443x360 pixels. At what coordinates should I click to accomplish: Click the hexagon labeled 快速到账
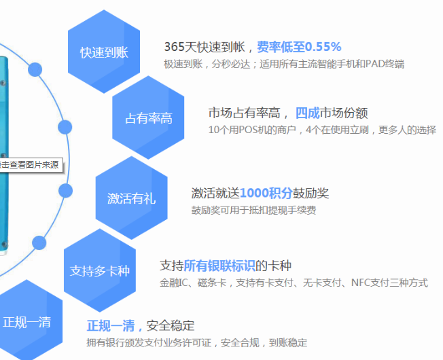pos(103,52)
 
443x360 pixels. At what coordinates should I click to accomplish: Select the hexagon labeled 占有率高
pos(148,118)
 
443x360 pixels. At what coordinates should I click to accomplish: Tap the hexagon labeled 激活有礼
pos(131,198)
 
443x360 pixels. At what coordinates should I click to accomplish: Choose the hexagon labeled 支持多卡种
pos(99,270)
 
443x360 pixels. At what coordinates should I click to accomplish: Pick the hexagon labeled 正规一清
pos(27,321)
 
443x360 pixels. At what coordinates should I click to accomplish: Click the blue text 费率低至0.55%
pos(298,47)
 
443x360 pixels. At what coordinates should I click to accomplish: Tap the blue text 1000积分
pos(266,193)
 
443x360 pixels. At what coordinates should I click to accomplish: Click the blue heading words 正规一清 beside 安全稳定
pos(115,325)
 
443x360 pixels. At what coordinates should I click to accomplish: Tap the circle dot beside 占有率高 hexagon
pos(65,127)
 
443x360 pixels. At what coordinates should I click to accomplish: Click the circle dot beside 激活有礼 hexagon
pos(65,190)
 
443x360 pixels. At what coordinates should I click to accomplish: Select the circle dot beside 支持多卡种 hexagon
pos(39,242)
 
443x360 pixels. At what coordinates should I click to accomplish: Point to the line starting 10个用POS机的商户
pos(322,130)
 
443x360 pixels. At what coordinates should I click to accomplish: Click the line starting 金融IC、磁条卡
pos(294,283)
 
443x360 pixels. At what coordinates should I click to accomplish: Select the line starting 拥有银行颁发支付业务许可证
pos(196,342)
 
